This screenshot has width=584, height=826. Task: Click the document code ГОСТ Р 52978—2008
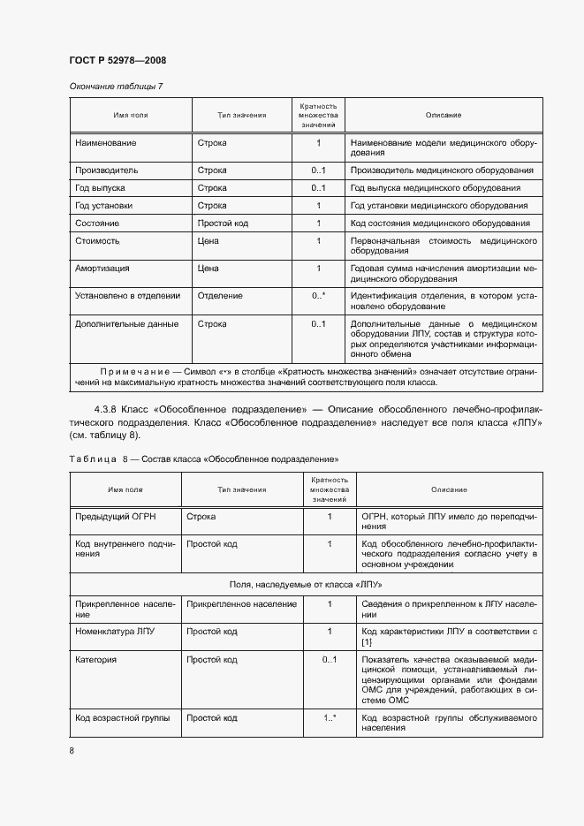click(118, 60)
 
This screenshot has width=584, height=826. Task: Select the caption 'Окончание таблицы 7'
click(116, 86)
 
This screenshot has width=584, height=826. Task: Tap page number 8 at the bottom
click(72, 750)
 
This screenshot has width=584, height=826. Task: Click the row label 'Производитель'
click(107, 170)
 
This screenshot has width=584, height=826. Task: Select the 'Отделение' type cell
click(220, 296)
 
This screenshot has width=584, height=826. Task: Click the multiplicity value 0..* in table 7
click(319, 296)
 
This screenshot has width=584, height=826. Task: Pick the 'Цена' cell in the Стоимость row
click(209, 240)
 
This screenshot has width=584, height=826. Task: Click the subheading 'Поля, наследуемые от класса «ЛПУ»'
click(306, 585)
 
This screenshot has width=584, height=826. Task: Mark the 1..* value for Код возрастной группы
click(330, 717)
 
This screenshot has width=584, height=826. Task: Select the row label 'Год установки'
click(104, 205)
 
